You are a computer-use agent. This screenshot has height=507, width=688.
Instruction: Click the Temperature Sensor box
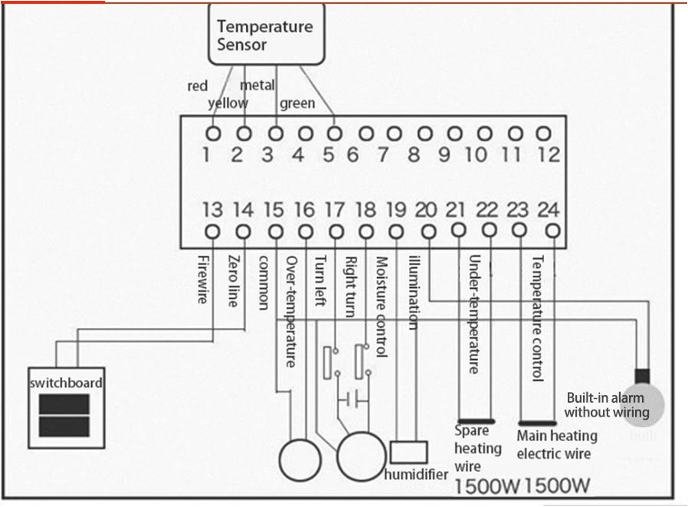[x=265, y=35]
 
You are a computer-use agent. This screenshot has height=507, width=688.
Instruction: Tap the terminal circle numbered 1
[x=213, y=133]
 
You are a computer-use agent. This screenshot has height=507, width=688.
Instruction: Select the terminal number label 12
[x=549, y=155]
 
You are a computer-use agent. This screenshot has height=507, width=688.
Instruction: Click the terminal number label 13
[x=212, y=209]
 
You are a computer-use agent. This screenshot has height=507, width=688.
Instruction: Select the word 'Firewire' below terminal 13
[x=202, y=279]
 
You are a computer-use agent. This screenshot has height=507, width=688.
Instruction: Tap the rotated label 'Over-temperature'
[x=291, y=310]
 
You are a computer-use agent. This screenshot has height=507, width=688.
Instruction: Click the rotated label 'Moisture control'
[x=382, y=306]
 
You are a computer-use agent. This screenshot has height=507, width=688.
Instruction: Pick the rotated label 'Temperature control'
[x=538, y=318]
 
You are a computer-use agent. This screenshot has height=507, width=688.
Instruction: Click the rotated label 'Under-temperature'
[x=474, y=314]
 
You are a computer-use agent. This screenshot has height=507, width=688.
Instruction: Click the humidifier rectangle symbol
[x=408, y=450]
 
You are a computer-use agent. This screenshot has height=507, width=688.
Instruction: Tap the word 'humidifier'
[x=416, y=474]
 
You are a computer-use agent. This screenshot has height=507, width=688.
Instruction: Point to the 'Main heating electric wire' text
[x=556, y=445]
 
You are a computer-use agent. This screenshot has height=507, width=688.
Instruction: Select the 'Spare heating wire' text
[x=477, y=448]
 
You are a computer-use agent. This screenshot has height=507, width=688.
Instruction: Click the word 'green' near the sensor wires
[x=296, y=103]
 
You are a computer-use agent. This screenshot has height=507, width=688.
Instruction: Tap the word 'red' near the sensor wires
[x=198, y=86]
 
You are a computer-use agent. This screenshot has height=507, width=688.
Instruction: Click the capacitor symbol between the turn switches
[x=353, y=400]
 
